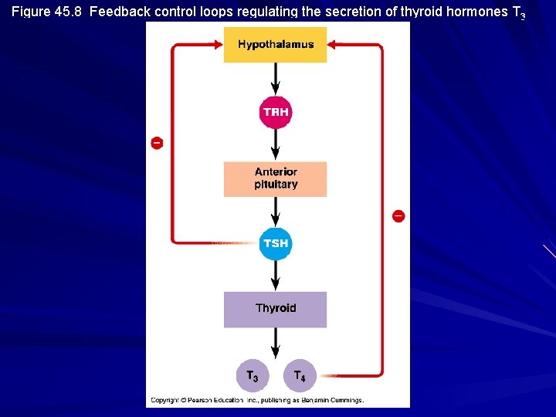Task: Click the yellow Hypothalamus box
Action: click(275, 44)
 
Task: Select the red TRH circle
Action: click(276, 113)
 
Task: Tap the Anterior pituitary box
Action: click(275, 178)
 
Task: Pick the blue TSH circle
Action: click(275, 243)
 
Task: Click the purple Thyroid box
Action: click(275, 309)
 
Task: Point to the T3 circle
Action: click(253, 376)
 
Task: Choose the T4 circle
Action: click(300, 376)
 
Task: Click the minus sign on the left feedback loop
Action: click(157, 143)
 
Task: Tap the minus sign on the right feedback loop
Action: click(398, 215)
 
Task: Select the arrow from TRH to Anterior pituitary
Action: click(276, 145)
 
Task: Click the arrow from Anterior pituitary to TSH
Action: click(276, 212)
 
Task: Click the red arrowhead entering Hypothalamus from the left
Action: click(217, 45)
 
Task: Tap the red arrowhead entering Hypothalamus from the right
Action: click(334, 45)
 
